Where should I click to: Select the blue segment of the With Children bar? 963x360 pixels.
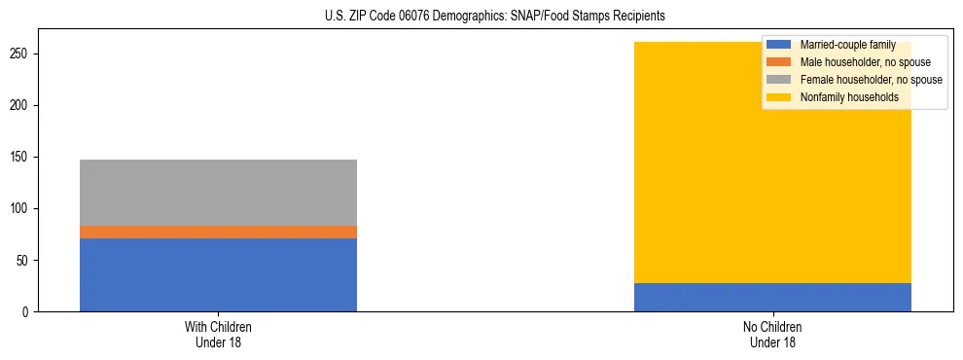tap(218, 274)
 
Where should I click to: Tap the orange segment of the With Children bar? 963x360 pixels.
tap(218, 232)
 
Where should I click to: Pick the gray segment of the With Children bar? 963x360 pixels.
tap(218, 193)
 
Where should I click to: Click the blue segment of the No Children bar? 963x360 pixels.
tap(772, 297)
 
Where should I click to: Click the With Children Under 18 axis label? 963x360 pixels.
tap(218, 335)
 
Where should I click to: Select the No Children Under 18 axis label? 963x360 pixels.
tap(772, 335)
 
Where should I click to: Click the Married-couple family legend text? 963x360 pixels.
tap(847, 45)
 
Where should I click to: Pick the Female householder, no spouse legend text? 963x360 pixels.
tap(871, 80)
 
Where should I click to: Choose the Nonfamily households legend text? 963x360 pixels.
tap(848, 97)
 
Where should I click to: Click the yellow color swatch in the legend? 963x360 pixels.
tap(779, 97)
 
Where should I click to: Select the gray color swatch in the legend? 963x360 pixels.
tap(779, 80)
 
